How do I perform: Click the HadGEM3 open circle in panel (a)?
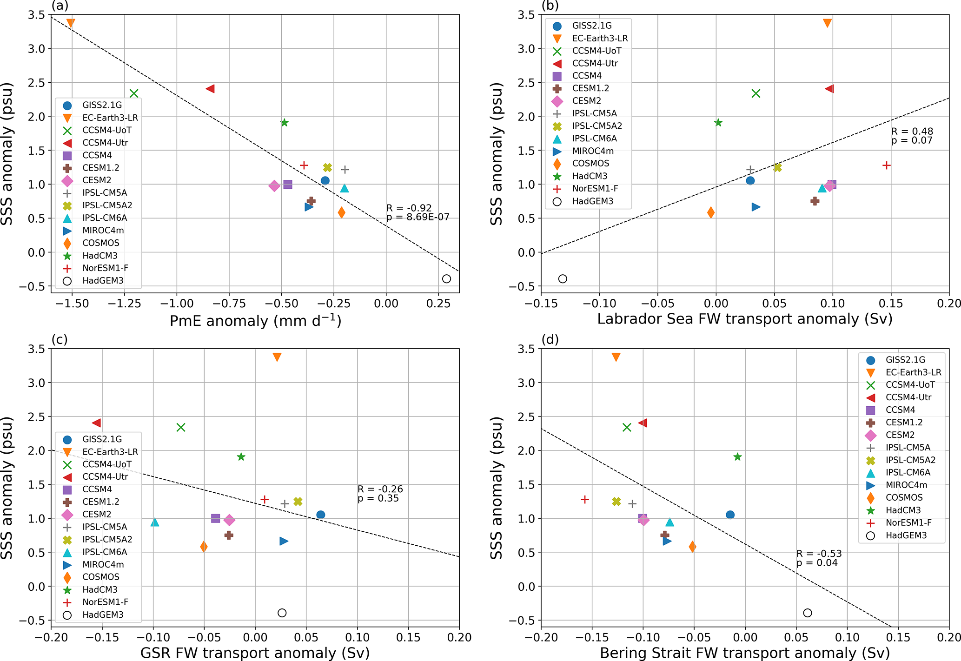point(446,279)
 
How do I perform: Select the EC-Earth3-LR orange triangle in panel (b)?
point(827,23)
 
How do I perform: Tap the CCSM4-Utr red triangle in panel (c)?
point(97,423)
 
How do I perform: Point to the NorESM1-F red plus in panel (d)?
point(585,500)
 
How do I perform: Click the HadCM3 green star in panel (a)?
point(285,123)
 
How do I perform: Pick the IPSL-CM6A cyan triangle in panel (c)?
point(155,522)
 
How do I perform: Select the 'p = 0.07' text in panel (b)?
point(912,141)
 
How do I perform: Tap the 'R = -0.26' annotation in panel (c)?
point(380,489)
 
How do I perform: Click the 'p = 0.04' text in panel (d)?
point(817,563)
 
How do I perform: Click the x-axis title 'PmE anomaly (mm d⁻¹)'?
point(255,321)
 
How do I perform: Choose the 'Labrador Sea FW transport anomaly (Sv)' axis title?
point(744,319)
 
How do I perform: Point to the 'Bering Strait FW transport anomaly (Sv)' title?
point(744,653)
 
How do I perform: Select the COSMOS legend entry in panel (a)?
point(100,243)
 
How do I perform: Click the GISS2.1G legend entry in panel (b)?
point(591,26)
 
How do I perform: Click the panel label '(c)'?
point(60,339)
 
